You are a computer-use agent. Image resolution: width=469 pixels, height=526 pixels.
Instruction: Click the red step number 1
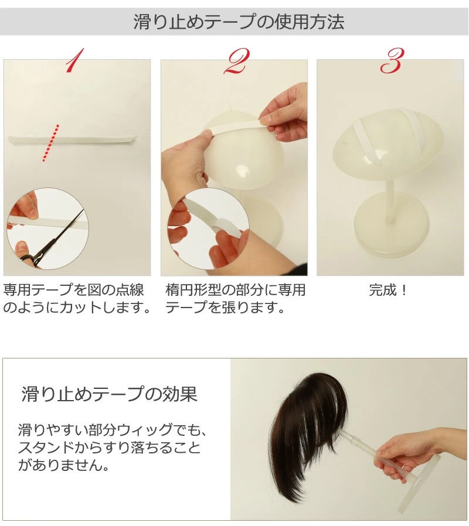75,61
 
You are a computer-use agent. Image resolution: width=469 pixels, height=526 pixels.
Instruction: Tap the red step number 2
236,61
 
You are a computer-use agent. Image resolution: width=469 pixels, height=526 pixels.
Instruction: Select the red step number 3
392,61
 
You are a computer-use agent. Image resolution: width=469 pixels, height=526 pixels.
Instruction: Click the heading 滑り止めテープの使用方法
239,22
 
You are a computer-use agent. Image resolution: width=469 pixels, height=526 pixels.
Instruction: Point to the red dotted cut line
50,144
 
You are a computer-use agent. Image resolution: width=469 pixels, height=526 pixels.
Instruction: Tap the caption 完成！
388,290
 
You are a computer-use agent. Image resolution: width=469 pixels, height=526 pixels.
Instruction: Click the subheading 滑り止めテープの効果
110,394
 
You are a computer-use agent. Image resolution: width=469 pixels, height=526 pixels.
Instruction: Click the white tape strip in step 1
71,140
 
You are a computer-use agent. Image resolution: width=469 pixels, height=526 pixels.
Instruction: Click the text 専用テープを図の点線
73,290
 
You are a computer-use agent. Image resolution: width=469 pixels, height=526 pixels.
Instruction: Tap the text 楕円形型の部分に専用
235,290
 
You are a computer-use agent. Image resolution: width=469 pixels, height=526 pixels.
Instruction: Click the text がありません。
64,465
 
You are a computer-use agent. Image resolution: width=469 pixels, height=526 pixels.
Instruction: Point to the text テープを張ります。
225,308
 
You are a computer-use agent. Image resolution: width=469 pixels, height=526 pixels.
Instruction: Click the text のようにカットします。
77,308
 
